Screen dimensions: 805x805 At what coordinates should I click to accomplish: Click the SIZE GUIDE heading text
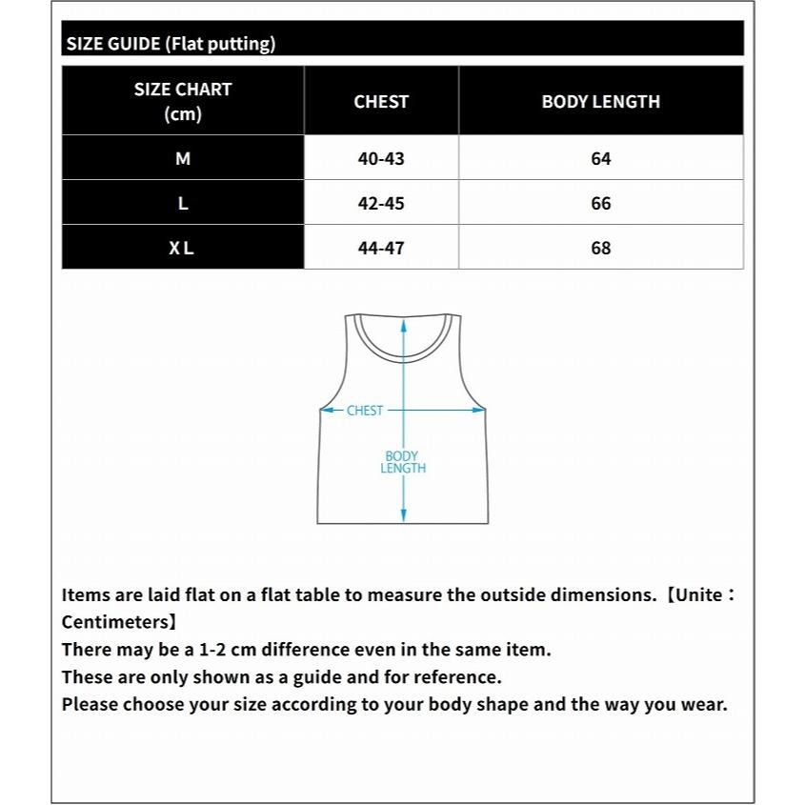point(171,44)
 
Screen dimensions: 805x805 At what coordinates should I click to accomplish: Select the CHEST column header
point(381,102)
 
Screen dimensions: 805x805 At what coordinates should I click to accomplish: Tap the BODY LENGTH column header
point(600,102)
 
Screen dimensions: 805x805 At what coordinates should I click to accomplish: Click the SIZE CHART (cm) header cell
point(183,101)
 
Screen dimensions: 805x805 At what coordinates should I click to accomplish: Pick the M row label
point(183,159)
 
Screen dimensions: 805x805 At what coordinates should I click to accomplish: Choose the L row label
point(183,204)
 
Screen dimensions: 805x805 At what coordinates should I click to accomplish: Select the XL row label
point(182,249)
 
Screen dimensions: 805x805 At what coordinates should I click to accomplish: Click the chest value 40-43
point(381,159)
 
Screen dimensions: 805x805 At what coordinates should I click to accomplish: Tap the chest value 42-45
point(381,204)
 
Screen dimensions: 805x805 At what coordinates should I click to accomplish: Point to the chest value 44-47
point(381,249)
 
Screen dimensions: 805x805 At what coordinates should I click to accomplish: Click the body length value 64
point(600,159)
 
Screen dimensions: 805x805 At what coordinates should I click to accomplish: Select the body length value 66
point(600,204)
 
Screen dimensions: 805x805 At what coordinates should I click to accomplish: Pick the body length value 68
point(600,249)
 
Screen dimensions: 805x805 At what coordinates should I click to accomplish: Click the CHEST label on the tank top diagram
point(365,411)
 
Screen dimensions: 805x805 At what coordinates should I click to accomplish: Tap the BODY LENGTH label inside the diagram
point(403,462)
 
